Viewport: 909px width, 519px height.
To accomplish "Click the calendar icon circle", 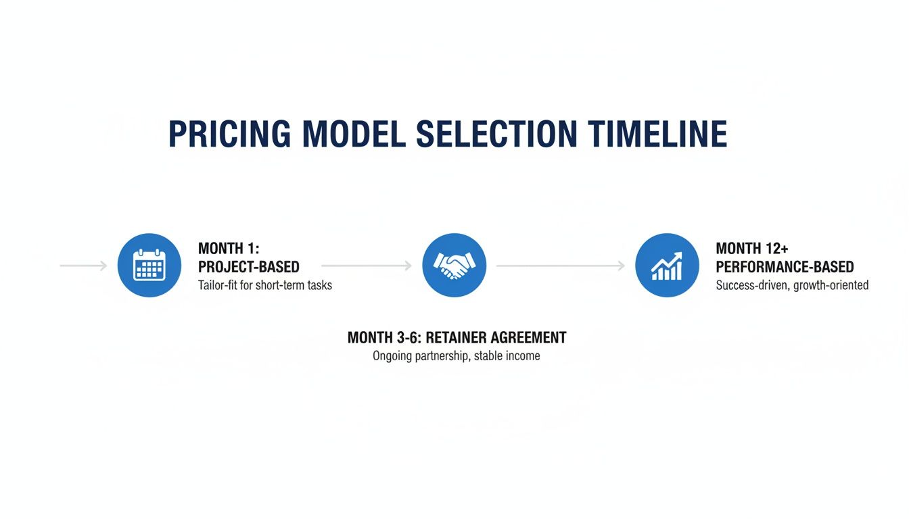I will [149, 266].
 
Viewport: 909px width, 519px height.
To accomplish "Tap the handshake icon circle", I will [454, 266].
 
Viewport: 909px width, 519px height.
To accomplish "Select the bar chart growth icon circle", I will [668, 266].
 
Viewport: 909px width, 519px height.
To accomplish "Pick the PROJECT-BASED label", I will [248, 267].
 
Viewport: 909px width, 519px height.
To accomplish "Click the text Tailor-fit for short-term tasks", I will [264, 285].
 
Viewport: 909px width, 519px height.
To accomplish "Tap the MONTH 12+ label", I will [751, 249].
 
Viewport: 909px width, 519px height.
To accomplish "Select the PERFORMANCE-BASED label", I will [785, 267].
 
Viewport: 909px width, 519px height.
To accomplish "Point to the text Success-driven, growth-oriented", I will [792, 285].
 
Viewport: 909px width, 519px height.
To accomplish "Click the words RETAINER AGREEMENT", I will [496, 337].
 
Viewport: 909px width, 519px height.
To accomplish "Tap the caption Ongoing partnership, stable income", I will [457, 355].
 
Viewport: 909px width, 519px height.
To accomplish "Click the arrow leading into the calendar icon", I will [83, 266].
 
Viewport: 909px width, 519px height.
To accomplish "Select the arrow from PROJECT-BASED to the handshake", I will [366, 266].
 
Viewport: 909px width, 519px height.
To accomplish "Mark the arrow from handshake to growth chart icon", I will [561, 266].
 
